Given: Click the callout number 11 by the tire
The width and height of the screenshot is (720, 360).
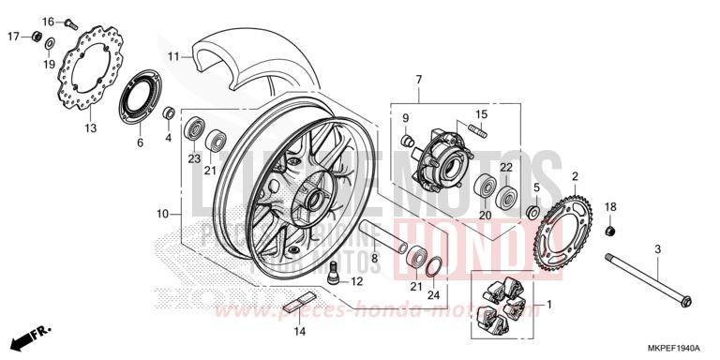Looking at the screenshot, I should tap(173, 56).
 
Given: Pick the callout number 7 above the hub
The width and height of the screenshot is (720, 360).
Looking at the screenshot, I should tap(419, 79).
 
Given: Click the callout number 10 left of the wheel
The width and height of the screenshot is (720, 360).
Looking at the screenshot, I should tap(162, 214).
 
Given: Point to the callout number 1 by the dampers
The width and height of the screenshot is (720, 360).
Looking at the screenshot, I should tap(548, 304).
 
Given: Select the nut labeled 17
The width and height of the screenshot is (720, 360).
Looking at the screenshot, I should tap(36, 37).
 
